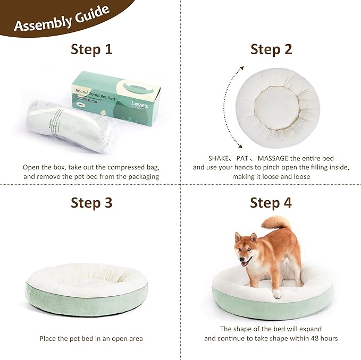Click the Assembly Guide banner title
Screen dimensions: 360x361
[x=62, y=19]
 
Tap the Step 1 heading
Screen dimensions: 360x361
[x=91, y=50]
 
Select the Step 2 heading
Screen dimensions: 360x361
[x=271, y=50]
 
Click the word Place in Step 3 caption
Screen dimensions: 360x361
[x=49, y=338]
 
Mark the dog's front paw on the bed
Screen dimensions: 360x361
[x=276, y=294]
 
